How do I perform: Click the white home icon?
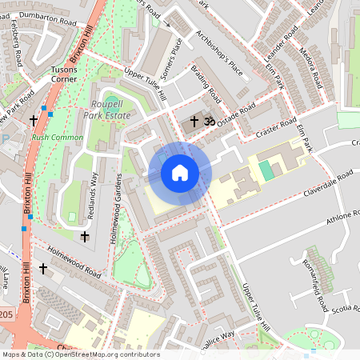pyautogui.click(x=180, y=172)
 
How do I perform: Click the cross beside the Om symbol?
pyautogui.click(x=194, y=122)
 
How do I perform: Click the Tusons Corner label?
pyautogui.click(x=64, y=74)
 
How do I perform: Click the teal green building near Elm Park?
pyautogui.click(x=266, y=169)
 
